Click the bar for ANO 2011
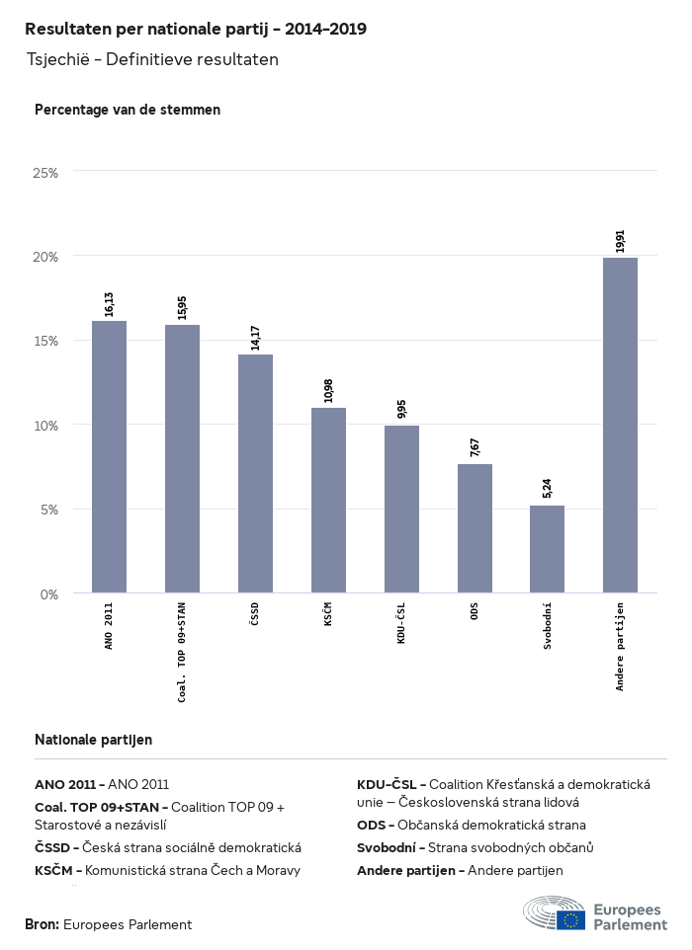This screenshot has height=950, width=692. pos(109,456)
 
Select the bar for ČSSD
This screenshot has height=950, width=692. pos(255,473)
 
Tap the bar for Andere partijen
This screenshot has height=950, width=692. pos(620,425)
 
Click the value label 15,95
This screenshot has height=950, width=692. pos(182,307)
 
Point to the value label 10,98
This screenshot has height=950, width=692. pos(328,390)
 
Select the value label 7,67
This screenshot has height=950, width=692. pos(475,446)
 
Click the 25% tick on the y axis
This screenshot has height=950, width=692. pos(45,172)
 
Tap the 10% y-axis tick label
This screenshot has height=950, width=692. pos(45,426)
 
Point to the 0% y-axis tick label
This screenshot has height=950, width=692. pos(48,594)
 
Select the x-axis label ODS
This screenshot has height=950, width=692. pos(475,611)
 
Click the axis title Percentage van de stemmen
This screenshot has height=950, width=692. pos(128,110)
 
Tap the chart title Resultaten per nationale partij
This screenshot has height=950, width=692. pos(196,29)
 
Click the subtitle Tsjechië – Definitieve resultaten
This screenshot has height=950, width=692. pos(152,59)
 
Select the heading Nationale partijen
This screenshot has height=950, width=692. pos(93,739)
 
